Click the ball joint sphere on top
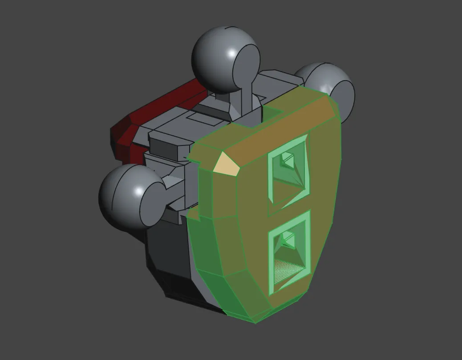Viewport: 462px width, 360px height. coord(223,58)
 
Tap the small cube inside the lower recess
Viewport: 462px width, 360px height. coord(287,241)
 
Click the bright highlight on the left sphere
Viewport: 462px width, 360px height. coord(138,192)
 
